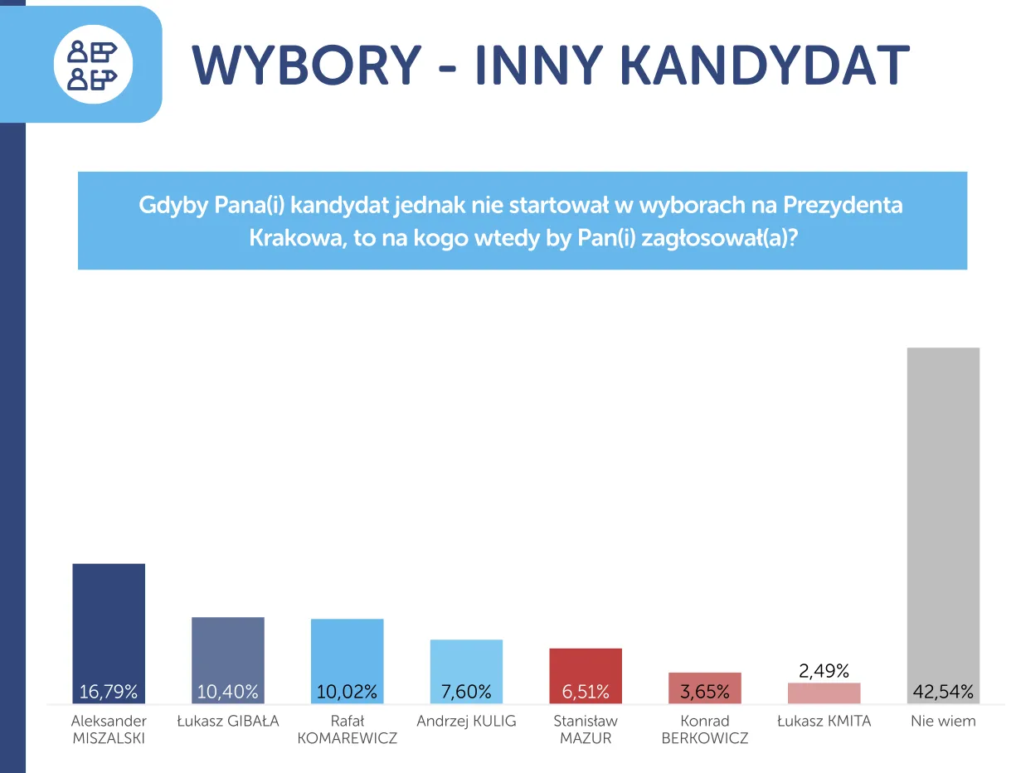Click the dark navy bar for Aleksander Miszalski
(x=109, y=633)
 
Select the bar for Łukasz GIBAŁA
(x=228, y=660)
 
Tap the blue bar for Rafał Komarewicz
(x=348, y=661)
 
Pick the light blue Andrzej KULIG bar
(x=466, y=671)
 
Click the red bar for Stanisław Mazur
(x=586, y=676)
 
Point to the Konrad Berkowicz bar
(x=704, y=688)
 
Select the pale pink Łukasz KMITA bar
(x=824, y=693)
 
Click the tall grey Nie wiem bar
(x=943, y=525)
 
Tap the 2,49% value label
(x=824, y=671)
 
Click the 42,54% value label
(x=943, y=692)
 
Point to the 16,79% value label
(x=109, y=692)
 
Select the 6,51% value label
(x=586, y=692)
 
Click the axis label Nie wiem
(x=943, y=721)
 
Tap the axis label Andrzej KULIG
(x=466, y=721)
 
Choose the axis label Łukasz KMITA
(x=824, y=721)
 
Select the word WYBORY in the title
(x=307, y=65)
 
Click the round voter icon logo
(x=93, y=65)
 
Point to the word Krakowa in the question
(x=298, y=238)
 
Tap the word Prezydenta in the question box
(x=843, y=205)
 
